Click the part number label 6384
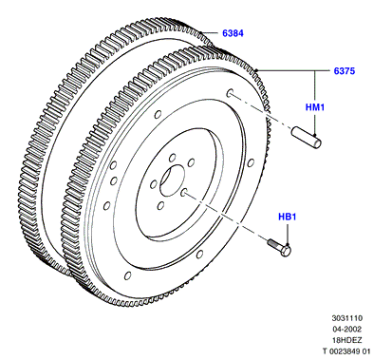pos(233,33)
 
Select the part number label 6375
pos(345,71)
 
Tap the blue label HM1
pos(315,107)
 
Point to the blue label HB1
pos(288,217)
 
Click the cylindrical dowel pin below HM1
pos(307,138)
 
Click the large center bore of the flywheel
pos(172,180)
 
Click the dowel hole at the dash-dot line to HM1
pos(230,93)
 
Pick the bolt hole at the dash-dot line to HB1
pos(184,192)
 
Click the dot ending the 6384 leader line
pos(201,32)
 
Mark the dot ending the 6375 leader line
pos(256,70)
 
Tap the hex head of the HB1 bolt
pos(286,252)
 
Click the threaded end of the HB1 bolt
pos(272,243)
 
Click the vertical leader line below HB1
pos(288,234)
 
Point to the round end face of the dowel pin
pos(317,143)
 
